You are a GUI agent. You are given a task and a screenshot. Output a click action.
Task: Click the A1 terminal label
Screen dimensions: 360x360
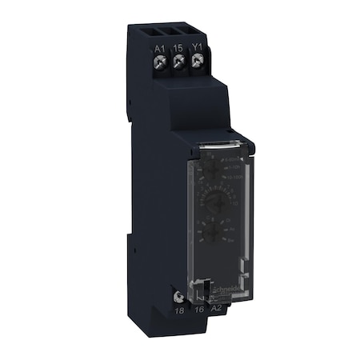tap(159, 48)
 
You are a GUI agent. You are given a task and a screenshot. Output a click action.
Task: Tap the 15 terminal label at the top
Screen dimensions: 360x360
tap(178, 49)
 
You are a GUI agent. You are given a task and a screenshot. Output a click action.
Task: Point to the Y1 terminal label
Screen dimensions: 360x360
tap(196, 50)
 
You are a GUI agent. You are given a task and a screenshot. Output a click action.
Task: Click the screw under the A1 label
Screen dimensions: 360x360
tap(159, 61)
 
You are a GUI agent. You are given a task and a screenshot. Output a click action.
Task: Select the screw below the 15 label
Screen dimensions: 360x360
tap(178, 62)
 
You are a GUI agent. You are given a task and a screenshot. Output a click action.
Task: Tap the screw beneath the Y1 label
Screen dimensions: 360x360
tap(196, 62)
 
